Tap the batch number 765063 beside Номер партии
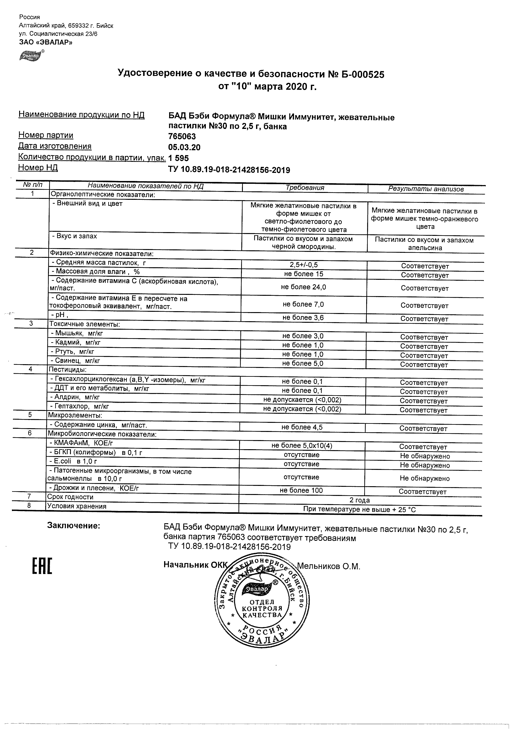click(182, 136)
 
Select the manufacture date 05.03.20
click(184, 147)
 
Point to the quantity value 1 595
click(179, 158)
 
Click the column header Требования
click(305, 188)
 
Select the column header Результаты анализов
click(425, 189)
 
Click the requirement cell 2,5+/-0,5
click(303, 265)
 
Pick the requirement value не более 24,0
click(303, 287)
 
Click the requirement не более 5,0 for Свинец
click(302, 364)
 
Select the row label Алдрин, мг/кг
click(75, 397)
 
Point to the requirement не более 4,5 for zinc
click(302, 428)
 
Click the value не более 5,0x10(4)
click(302, 446)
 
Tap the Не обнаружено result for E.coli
click(425, 465)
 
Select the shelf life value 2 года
click(359, 500)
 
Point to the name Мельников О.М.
click(329, 566)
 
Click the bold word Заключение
click(73, 526)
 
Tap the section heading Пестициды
click(67, 370)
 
